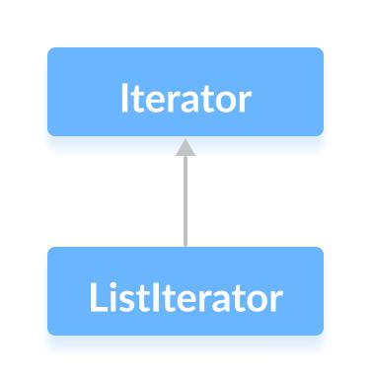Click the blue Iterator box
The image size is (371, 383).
tap(185, 91)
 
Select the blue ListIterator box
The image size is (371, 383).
tap(185, 290)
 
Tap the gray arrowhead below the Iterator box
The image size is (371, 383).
tap(185, 147)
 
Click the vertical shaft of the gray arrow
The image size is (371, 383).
tap(185, 202)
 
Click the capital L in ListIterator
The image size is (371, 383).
tap(95, 297)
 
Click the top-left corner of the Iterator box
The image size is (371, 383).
tap(49, 48)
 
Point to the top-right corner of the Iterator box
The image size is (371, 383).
tap(322, 48)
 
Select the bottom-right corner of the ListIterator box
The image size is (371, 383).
tap(322, 333)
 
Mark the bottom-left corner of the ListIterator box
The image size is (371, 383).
tap(49, 333)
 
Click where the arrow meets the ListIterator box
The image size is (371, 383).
tap(185, 247)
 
